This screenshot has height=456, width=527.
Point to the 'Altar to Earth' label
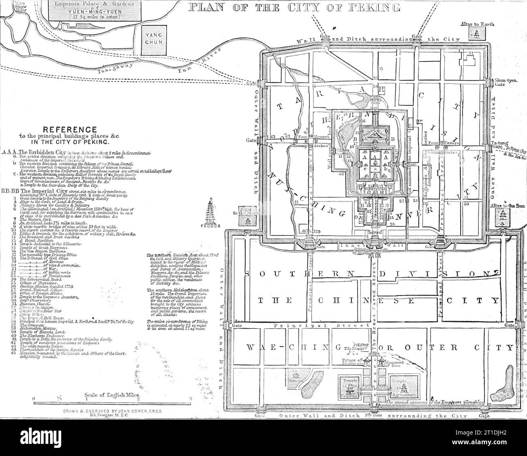pyautogui.click(x=480, y=24)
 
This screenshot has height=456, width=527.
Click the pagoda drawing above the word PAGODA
pyautogui.click(x=211, y=210)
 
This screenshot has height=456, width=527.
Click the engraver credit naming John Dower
pyautogui.click(x=112, y=411)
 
